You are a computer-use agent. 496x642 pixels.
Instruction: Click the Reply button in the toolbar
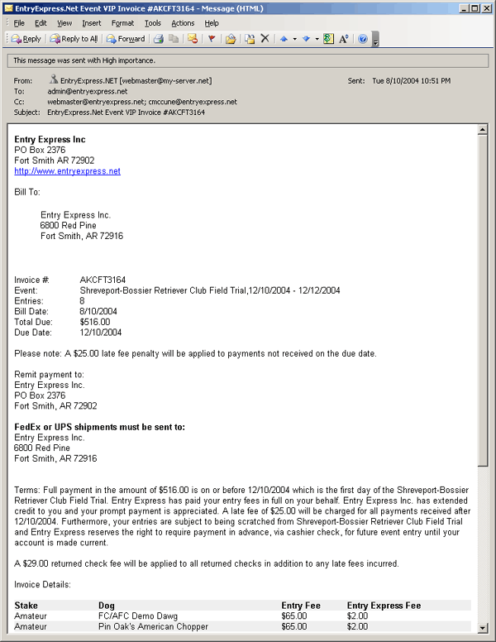[x=26, y=39]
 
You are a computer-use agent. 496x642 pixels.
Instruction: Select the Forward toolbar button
[x=125, y=39]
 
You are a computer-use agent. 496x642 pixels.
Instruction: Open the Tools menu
[x=152, y=23]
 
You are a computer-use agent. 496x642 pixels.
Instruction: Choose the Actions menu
[x=183, y=23]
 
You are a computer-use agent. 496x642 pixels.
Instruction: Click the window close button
[x=486, y=8]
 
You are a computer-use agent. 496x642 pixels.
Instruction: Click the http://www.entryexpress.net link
[x=67, y=171]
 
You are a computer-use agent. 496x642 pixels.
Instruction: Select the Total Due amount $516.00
[x=95, y=322]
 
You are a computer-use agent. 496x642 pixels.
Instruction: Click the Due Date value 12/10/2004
[x=101, y=333]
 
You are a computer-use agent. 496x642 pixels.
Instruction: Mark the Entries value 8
[x=83, y=301]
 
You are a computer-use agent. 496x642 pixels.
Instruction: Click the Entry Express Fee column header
[x=384, y=606]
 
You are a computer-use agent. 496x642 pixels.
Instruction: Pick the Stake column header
[x=26, y=606]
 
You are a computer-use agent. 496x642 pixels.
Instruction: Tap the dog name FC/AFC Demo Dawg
[x=133, y=616]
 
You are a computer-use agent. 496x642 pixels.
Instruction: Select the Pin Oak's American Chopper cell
[x=149, y=627]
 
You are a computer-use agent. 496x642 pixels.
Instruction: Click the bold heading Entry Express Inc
[x=50, y=139]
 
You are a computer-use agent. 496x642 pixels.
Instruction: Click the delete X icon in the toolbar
[x=265, y=39]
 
